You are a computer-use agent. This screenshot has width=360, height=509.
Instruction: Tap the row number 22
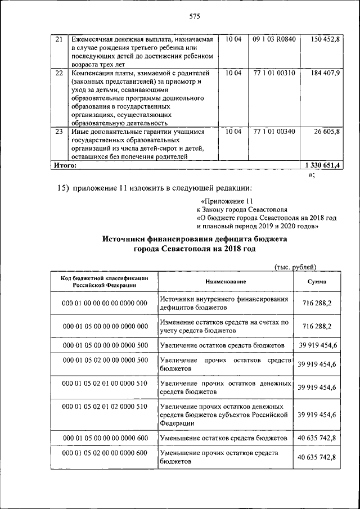[x=59, y=73]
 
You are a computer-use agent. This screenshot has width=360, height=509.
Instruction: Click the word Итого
[x=65, y=166]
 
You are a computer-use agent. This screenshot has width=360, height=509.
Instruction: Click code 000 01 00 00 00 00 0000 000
[x=105, y=303]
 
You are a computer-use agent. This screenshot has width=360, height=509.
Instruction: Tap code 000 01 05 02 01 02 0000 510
[x=105, y=406]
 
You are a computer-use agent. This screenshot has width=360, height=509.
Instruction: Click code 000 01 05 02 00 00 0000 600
[x=105, y=453]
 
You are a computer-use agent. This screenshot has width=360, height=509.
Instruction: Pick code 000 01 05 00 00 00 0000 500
[x=105, y=345]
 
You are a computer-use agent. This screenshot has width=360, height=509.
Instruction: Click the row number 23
[x=59, y=132]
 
